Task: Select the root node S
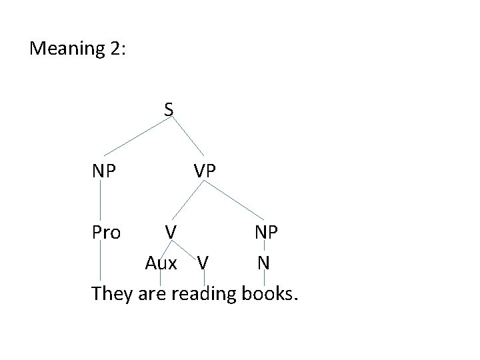(170, 108)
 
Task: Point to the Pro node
(106, 233)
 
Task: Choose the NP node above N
(267, 233)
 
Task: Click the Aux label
(161, 263)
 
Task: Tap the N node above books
(264, 263)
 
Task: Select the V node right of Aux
(203, 263)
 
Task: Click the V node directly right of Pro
(171, 233)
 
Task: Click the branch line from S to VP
(187, 137)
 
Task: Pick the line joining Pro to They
(101, 260)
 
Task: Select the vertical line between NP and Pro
(101, 201)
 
